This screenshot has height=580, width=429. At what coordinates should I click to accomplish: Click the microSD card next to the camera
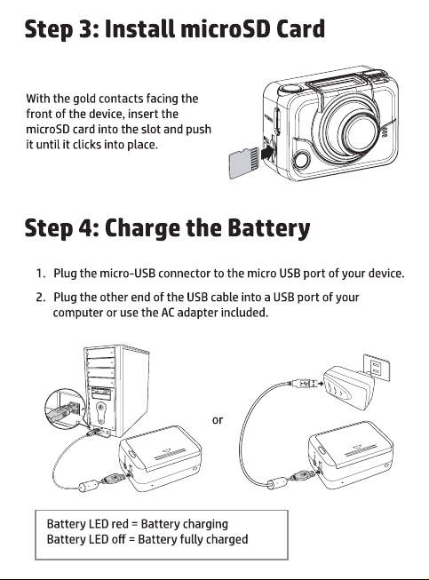[x=243, y=163]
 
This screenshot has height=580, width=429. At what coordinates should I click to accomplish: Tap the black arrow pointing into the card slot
[x=267, y=152]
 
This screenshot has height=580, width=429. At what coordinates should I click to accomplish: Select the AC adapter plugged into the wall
[x=347, y=387]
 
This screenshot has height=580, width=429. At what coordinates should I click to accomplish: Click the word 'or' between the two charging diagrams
[x=218, y=420]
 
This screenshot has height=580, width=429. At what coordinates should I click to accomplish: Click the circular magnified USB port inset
[x=65, y=409]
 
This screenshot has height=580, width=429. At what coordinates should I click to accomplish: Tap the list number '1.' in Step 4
[x=41, y=274]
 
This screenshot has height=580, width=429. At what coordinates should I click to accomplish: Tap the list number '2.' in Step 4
[x=41, y=298]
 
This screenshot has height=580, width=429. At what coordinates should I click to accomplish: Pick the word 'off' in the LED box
[x=118, y=539]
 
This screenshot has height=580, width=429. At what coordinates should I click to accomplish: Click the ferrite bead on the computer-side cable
[x=89, y=486]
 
